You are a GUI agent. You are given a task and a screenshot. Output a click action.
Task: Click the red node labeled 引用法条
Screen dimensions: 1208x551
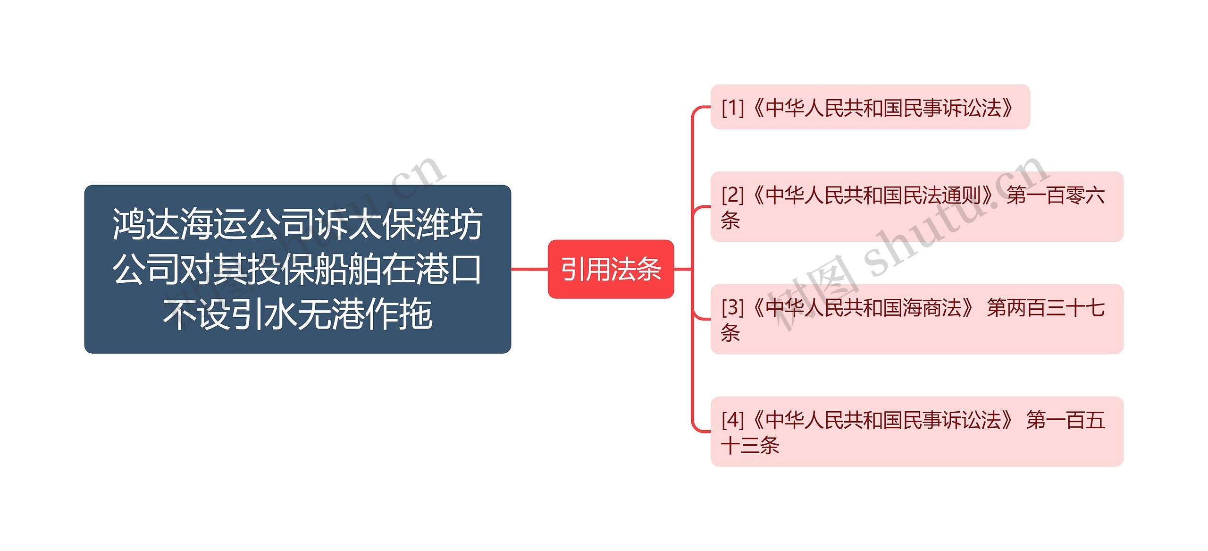click(611, 269)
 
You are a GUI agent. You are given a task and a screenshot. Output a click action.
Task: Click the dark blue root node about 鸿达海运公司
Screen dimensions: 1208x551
click(298, 269)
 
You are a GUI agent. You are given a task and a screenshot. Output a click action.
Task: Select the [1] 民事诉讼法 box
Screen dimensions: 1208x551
click(870, 107)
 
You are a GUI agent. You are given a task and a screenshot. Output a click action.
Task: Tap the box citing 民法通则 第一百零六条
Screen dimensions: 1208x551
click(917, 207)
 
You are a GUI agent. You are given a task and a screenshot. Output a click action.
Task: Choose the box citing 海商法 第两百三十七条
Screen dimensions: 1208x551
click(917, 319)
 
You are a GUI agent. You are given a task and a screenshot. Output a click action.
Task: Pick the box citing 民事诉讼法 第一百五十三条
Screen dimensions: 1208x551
click(917, 432)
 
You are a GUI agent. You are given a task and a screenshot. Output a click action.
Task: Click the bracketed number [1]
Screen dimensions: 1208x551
click(733, 108)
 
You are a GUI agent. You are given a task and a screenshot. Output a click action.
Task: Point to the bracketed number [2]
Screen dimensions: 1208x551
click(733, 195)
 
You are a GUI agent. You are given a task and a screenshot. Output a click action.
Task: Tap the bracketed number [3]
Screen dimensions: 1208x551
click(733, 308)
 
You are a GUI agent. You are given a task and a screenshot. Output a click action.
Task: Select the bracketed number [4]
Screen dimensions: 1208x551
click(733, 420)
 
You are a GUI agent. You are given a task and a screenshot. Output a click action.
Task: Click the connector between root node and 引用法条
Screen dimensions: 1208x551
click(529, 269)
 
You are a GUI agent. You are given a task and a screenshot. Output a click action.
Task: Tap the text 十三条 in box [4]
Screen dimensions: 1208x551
click(750, 445)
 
